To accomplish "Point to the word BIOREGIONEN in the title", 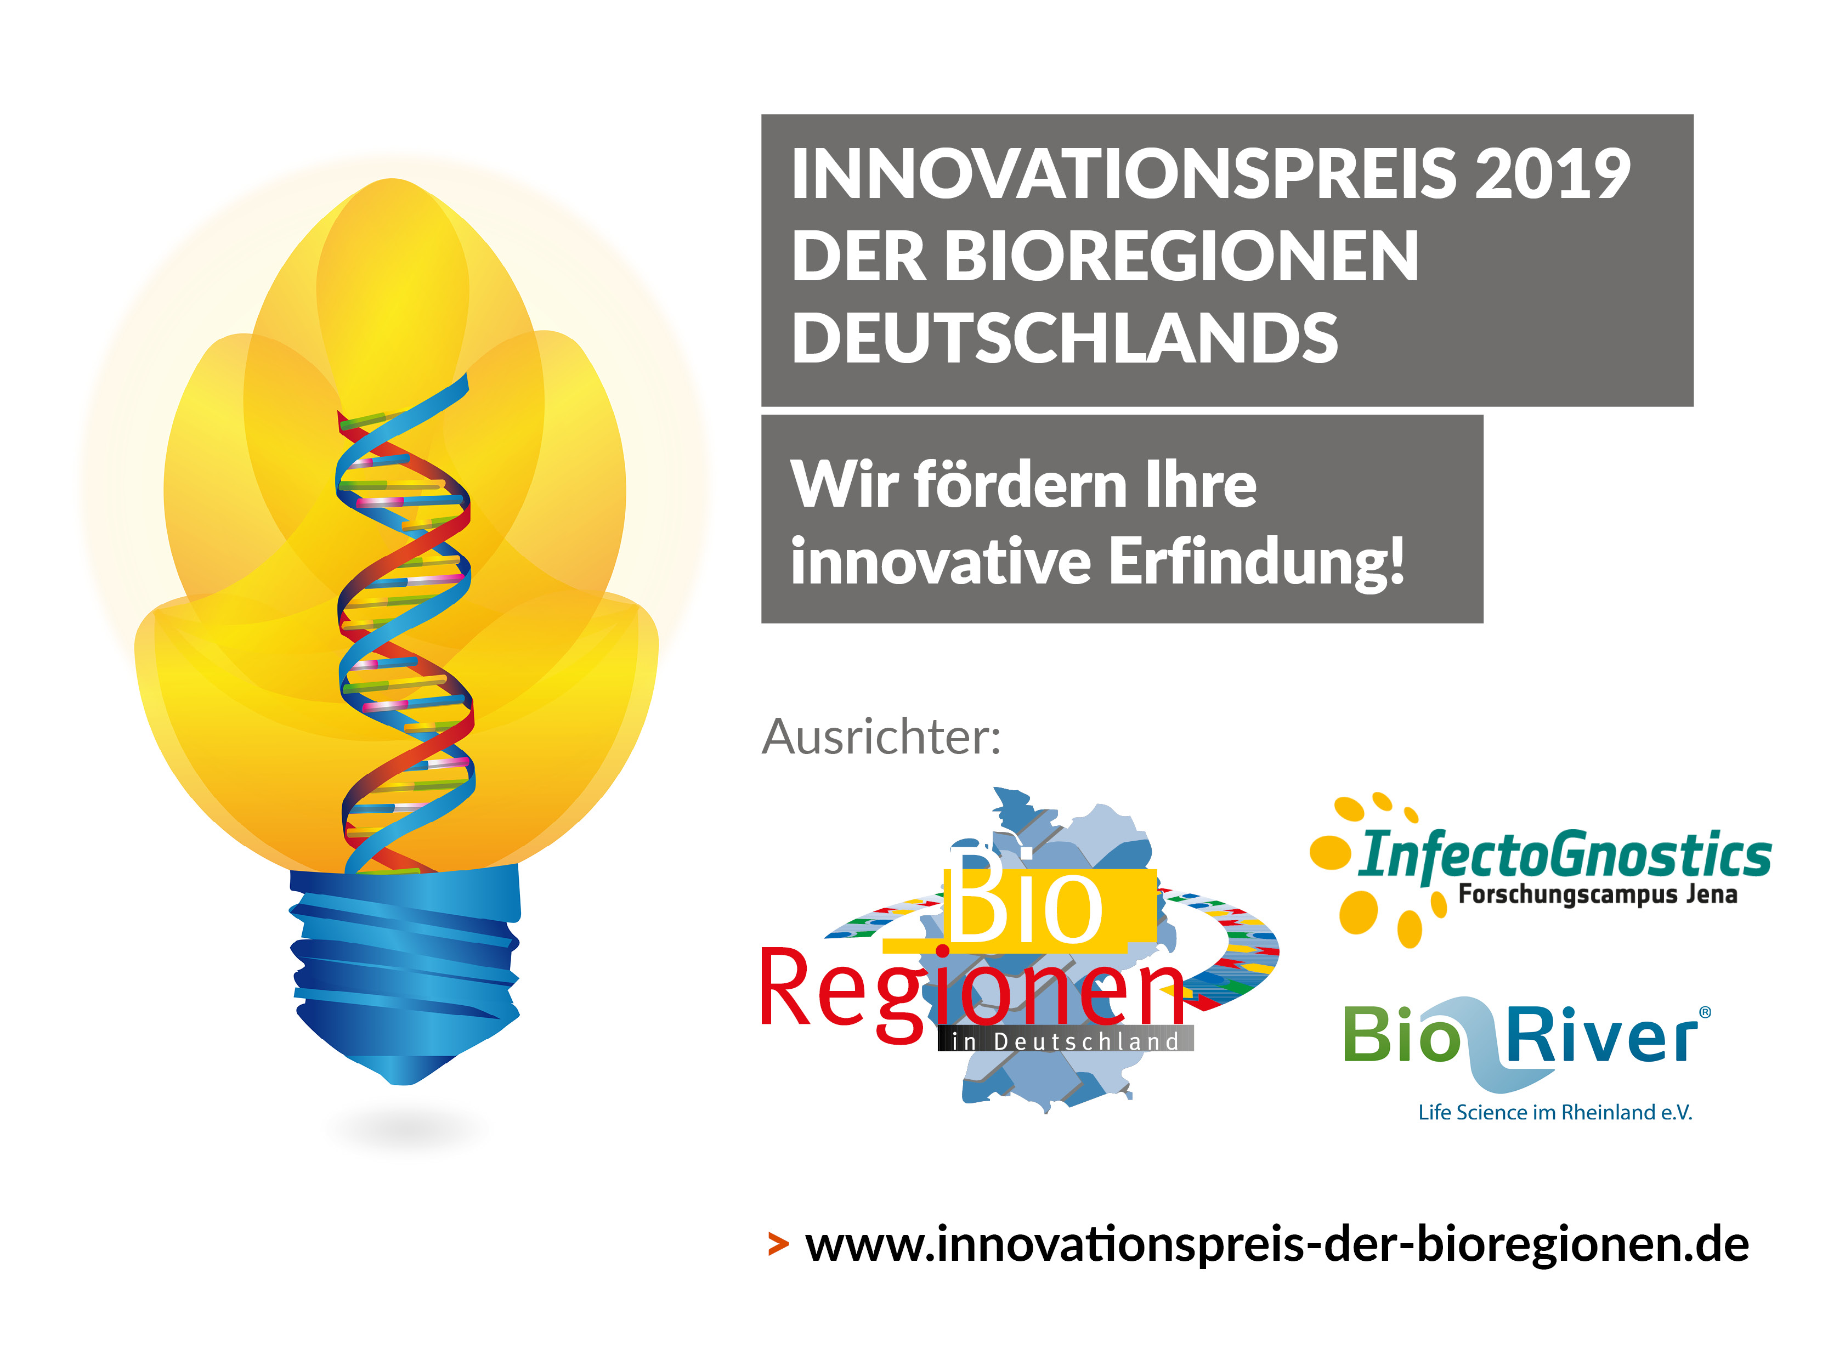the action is point(1182,256).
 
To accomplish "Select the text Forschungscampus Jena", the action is point(1598,894).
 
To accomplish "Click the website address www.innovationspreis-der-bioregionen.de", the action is point(1277,1244).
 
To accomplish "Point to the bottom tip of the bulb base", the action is point(403,1084).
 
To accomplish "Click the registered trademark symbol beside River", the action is point(1705,1012).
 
